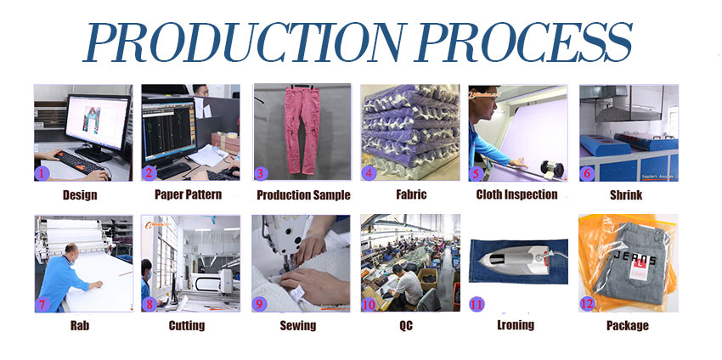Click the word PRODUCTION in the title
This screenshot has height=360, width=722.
click(x=244, y=42)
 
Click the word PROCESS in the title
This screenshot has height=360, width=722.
click(x=523, y=42)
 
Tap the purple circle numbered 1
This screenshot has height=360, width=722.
click(x=42, y=173)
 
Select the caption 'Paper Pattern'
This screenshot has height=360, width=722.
click(x=188, y=194)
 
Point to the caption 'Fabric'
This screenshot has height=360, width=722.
click(x=411, y=194)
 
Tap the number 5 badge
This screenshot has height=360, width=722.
click(x=477, y=173)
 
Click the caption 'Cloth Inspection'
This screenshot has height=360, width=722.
click(x=516, y=194)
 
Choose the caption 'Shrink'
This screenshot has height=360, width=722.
click(x=626, y=195)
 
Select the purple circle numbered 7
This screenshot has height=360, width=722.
click(x=42, y=304)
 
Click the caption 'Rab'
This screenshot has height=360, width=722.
click(x=80, y=326)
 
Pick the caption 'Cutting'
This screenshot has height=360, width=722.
click(x=187, y=326)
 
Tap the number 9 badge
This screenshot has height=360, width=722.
click(x=259, y=304)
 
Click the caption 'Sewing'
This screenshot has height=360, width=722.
click(x=298, y=326)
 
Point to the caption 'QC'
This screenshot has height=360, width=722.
click(x=406, y=326)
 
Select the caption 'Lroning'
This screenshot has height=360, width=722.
click(x=516, y=325)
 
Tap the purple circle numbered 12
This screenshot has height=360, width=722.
click(x=587, y=304)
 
